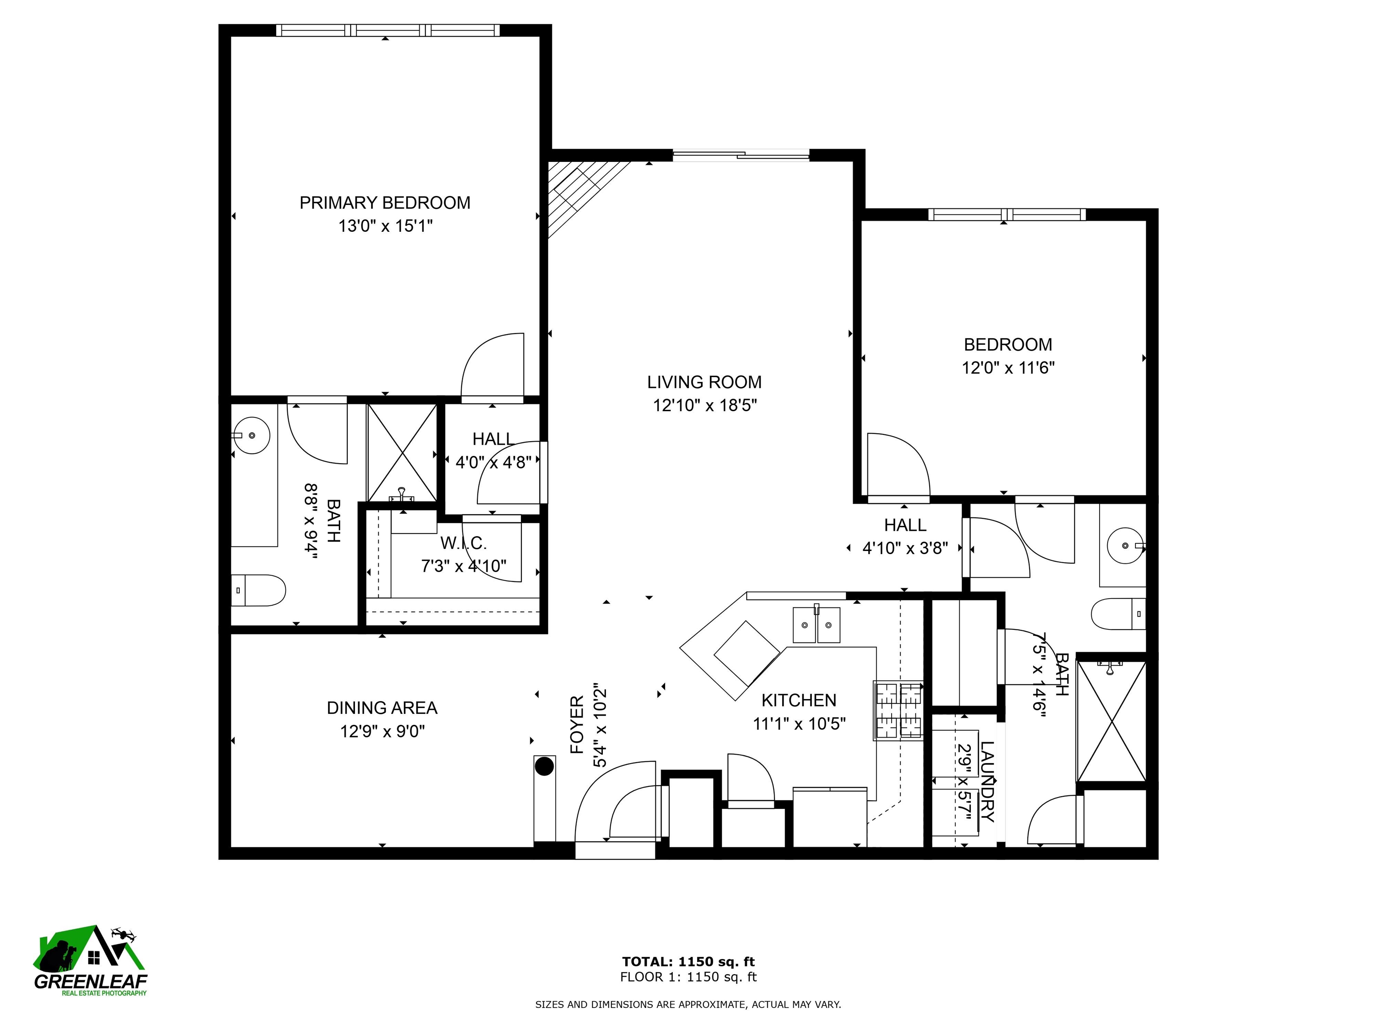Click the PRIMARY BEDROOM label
385,203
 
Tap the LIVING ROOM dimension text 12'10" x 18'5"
705,406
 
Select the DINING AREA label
382,708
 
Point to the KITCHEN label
799,700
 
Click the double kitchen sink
816,625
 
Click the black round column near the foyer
545,766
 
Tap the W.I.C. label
464,543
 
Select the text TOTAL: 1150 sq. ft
688,962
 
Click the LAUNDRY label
987,782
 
